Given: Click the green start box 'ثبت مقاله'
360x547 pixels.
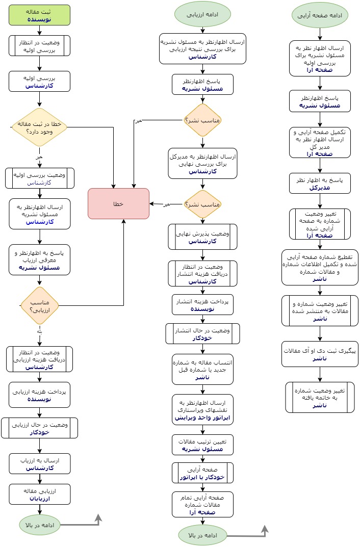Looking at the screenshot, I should point(39,15).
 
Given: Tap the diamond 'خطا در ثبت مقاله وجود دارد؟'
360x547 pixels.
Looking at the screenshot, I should point(39,127).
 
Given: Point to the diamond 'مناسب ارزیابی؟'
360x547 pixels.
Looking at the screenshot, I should point(39,305).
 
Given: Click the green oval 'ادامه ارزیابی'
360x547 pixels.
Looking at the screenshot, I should point(202,15).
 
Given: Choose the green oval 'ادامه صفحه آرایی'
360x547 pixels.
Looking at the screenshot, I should point(320,15).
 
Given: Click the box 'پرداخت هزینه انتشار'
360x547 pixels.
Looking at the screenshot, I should point(202,305).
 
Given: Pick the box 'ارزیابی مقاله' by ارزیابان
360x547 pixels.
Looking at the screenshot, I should point(39,494).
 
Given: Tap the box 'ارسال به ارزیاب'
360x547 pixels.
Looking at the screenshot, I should point(39,464).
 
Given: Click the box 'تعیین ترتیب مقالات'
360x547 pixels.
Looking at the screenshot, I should point(202,445).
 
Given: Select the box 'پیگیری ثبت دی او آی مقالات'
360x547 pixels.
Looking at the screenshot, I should point(320,354).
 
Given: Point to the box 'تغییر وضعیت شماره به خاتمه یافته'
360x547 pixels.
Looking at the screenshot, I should point(320,397).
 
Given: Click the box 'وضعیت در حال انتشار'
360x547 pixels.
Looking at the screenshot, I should point(202,334).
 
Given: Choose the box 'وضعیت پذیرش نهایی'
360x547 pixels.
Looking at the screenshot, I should point(202,237).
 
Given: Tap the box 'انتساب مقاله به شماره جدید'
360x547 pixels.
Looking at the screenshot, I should point(202,370).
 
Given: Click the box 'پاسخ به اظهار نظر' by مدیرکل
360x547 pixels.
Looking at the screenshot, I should point(320,184).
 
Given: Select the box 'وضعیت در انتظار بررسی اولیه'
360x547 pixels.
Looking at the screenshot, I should point(39,45).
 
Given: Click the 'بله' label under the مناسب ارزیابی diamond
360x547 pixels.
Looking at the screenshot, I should point(39,331).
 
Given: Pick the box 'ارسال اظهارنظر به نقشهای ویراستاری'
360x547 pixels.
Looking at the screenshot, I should point(202,409).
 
